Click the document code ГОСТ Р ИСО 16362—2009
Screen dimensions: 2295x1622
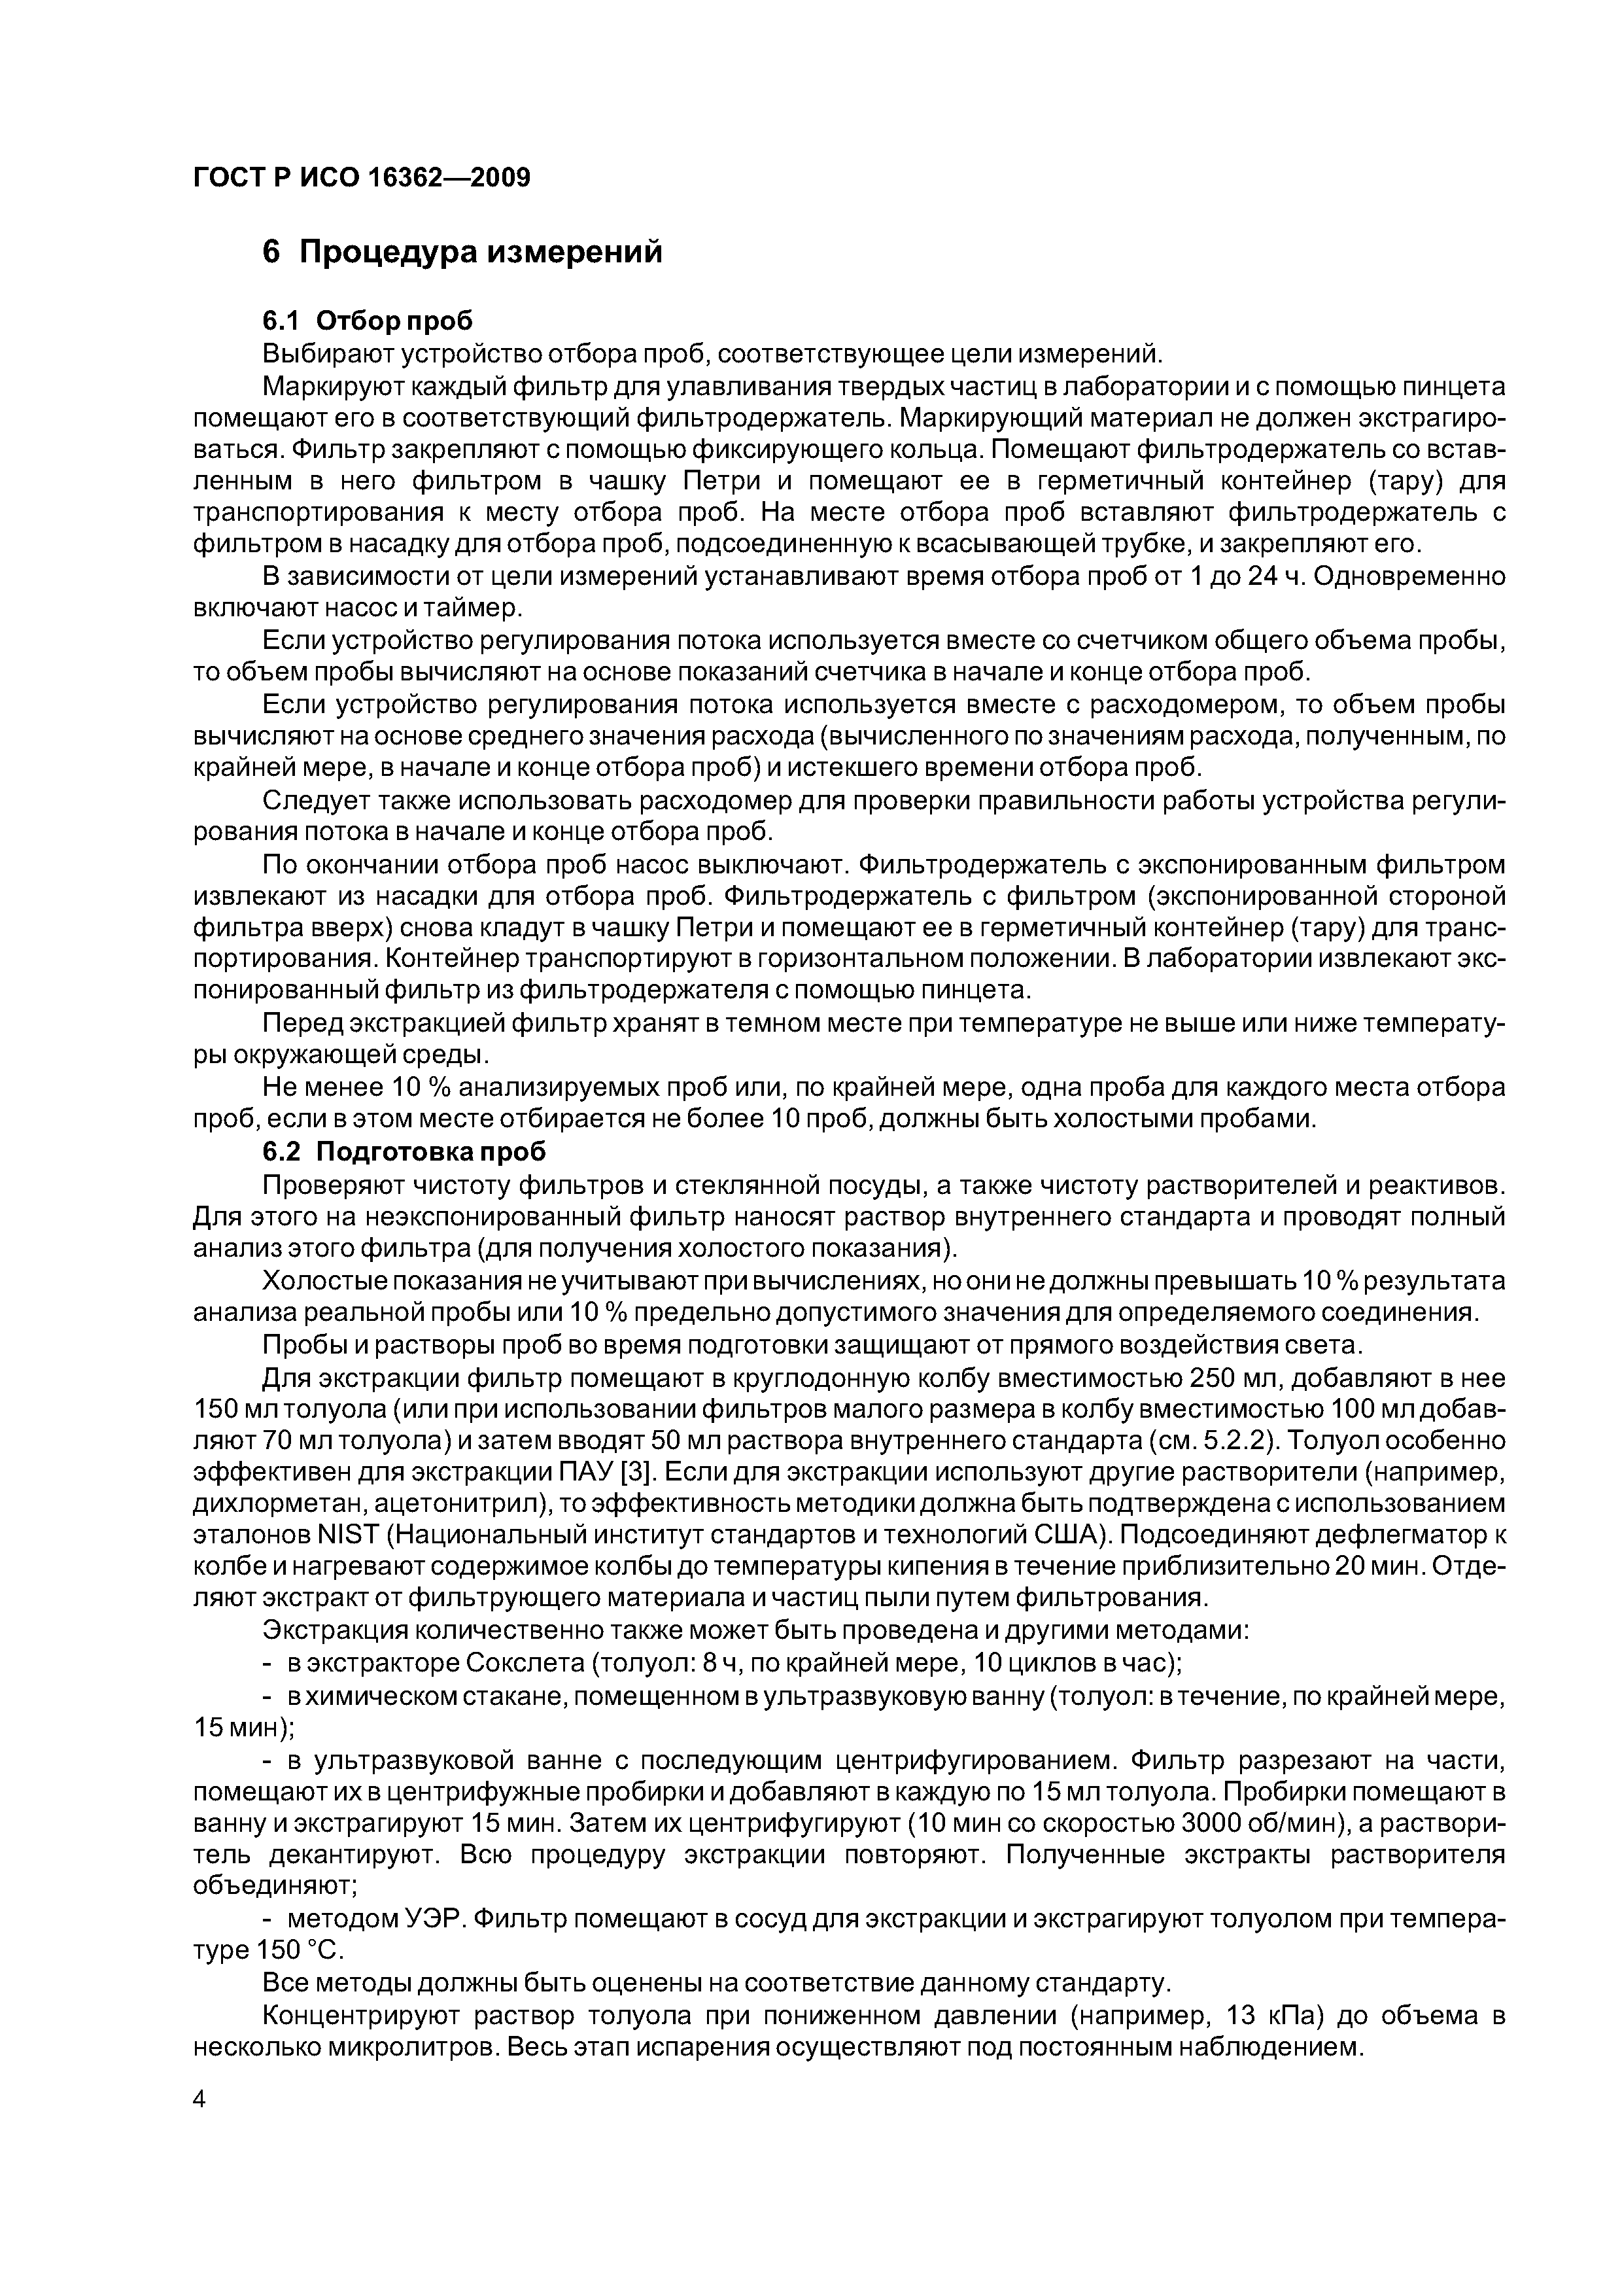coord(361,178)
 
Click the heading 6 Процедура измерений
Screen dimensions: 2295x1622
coord(462,252)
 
